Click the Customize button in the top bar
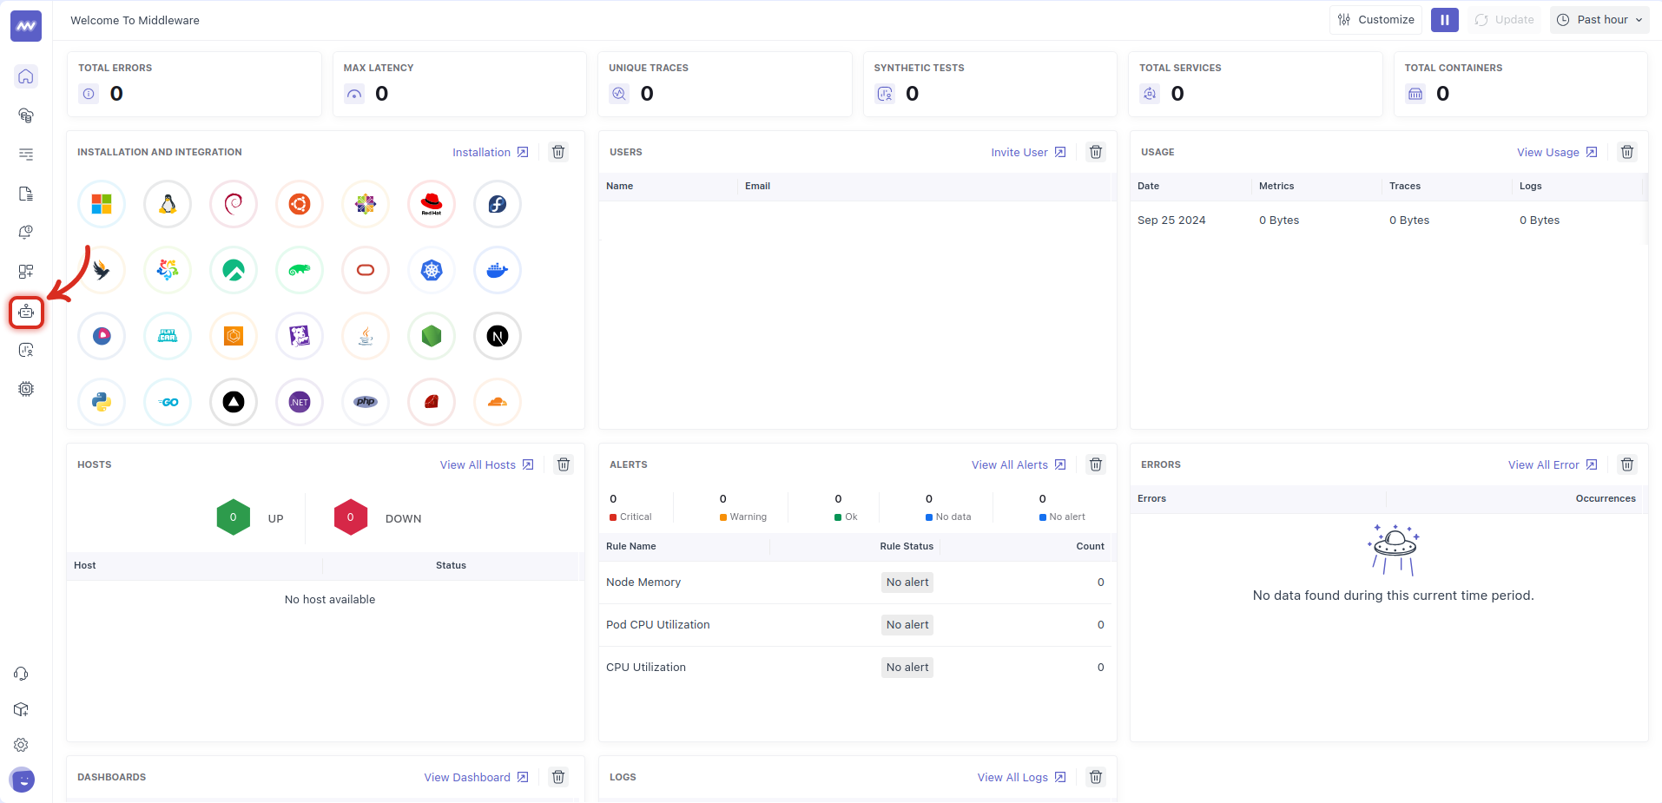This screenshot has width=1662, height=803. [1375, 20]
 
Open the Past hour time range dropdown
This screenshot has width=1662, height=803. [1599, 20]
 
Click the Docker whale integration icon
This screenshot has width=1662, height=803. [498, 270]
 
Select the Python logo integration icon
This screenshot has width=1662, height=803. [102, 402]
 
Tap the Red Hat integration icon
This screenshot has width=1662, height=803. [432, 204]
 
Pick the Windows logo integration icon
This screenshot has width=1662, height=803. [102, 204]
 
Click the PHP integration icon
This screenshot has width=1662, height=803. [366, 402]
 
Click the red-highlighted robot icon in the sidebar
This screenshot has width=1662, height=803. [26, 312]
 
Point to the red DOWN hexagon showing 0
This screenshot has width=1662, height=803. [351, 517]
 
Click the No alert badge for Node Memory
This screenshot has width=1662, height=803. [907, 583]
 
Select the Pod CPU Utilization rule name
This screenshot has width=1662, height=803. [657, 625]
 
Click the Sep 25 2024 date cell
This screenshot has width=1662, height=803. [1171, 220]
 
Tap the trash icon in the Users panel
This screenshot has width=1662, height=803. [1096, 152]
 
